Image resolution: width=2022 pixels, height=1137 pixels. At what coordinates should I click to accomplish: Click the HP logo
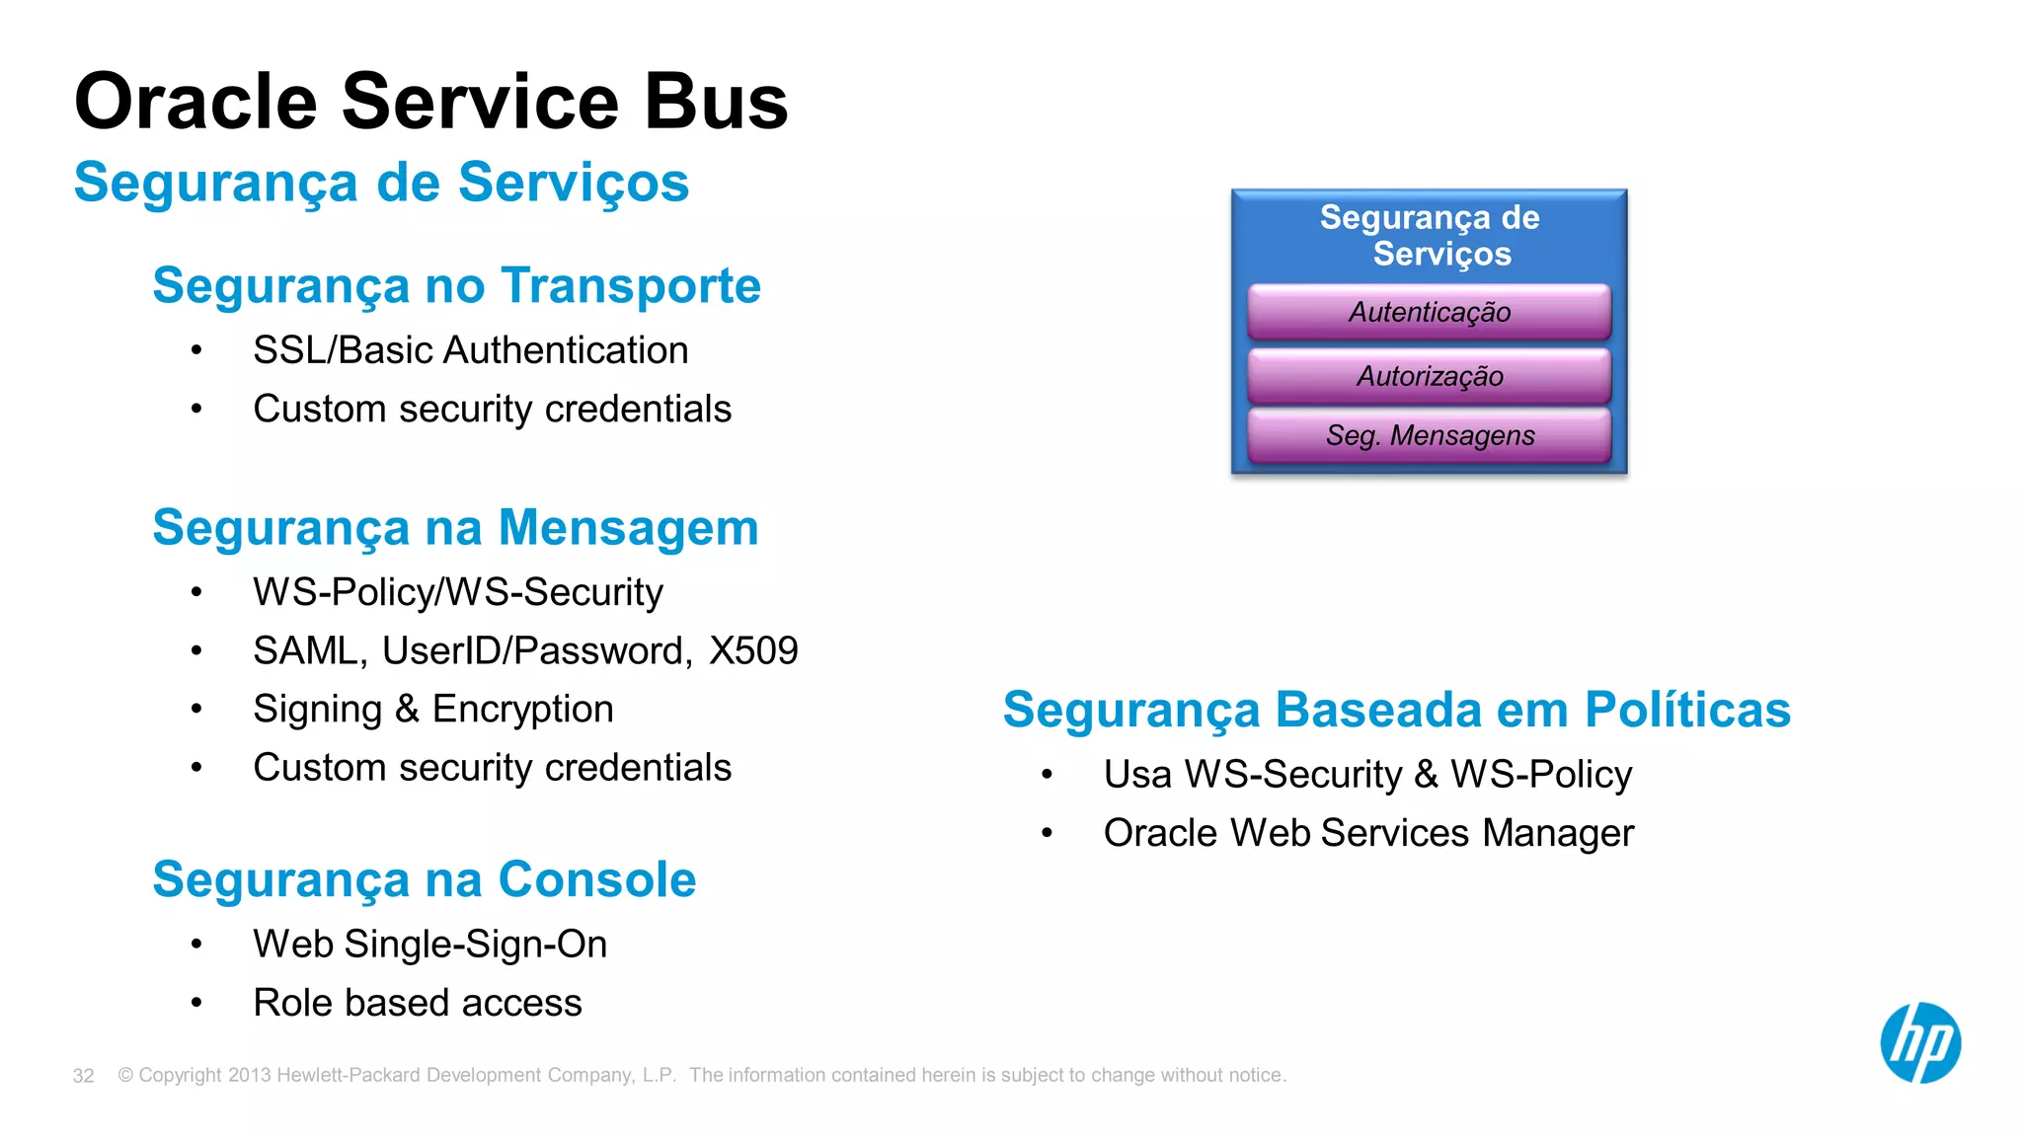(1919, 1043)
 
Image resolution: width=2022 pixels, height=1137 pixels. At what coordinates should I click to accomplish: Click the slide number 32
(83, 1076)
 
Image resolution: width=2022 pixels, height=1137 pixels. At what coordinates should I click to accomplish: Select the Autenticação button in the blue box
(1429, 312)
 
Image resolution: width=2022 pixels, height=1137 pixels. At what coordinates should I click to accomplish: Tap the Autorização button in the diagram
(1429, 376)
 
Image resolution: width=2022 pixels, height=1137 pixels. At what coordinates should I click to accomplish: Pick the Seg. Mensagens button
(1429, 435)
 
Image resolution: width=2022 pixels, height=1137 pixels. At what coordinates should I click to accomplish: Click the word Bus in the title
(716, 102)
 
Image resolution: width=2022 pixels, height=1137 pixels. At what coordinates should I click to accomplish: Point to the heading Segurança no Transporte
(456, 286)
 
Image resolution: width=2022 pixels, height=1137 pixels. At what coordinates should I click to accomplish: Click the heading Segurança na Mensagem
(455, 528)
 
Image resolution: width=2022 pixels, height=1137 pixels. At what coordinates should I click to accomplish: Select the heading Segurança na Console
(424, 879)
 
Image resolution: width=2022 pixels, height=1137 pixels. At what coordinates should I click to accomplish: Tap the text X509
(753, 651)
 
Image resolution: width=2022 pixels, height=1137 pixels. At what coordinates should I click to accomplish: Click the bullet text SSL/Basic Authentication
(470, 350)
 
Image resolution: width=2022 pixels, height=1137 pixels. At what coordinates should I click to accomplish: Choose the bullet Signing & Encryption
(432, 710)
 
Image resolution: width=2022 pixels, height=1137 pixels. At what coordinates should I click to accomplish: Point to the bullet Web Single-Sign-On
(429, 945)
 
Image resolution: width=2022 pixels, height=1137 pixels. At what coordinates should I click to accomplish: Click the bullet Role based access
(417, 1003)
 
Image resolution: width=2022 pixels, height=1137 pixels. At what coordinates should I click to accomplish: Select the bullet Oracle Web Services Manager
(1368, 833)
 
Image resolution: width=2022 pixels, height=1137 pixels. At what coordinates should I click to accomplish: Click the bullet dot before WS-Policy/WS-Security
(196, 592)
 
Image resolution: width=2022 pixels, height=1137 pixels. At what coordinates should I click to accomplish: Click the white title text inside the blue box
(1429, 235)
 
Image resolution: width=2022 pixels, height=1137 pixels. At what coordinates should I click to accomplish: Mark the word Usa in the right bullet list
(1136, 775)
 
